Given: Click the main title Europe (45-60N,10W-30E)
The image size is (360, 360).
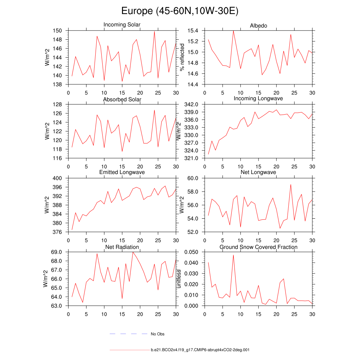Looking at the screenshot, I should pos(180,11).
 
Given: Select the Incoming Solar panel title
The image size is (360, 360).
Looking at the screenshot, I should pos(122,25).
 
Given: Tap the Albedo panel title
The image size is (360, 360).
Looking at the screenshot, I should pos(258,26).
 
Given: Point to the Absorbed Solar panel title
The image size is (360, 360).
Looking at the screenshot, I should pos(122,99).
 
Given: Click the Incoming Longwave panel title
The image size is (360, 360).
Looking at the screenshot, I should pos(258,98).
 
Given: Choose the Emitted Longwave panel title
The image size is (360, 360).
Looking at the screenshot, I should pos(122,172).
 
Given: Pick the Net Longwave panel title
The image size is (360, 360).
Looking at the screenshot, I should pos(258,172).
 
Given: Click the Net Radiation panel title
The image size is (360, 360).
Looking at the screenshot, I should pos(122,247).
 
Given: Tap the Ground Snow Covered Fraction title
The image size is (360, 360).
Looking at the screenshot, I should pos(258,247).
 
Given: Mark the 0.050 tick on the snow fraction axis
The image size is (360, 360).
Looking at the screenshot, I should pos(192,252).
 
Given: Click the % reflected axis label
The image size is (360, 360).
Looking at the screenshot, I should pos(182,57).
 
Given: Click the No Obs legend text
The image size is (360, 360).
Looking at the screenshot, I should pos(157,334).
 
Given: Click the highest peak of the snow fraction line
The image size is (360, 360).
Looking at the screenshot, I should pos(233,255).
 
